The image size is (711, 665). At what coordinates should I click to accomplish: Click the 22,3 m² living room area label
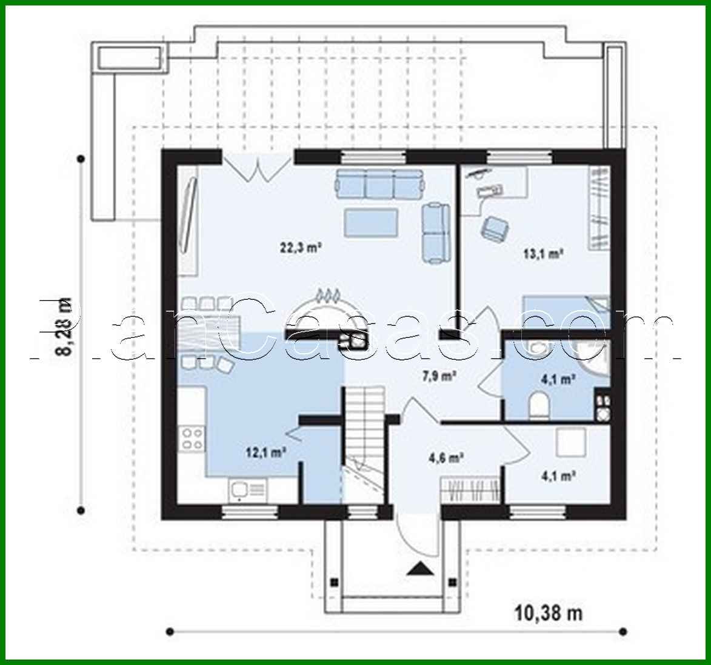tap(300, 247)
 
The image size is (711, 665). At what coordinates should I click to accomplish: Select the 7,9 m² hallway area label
tap(439, 376)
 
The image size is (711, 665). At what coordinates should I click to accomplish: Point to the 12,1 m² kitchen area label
tap(266, 451)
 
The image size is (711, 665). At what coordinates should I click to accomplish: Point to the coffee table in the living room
tap(372, 222)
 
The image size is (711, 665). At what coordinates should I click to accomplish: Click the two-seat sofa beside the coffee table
tap(435, 233)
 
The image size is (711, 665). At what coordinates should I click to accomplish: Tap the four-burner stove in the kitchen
tap(192, 438)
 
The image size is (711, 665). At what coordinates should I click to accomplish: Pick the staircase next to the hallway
tap(364, 436)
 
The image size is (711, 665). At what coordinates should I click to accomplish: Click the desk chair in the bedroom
tap(495, 228)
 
